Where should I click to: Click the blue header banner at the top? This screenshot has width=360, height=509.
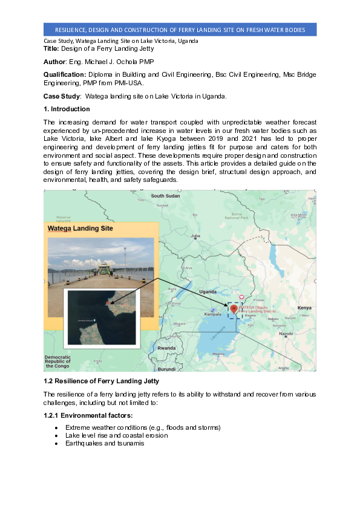(180, 30)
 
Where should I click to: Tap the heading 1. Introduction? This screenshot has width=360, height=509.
(67, 109)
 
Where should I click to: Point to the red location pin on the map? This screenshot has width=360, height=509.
(234, 309)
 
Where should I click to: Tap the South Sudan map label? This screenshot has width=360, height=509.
(166, 196)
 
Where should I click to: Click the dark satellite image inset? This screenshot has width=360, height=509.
(102, 317)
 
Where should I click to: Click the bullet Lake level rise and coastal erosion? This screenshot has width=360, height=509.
(117, 435)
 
